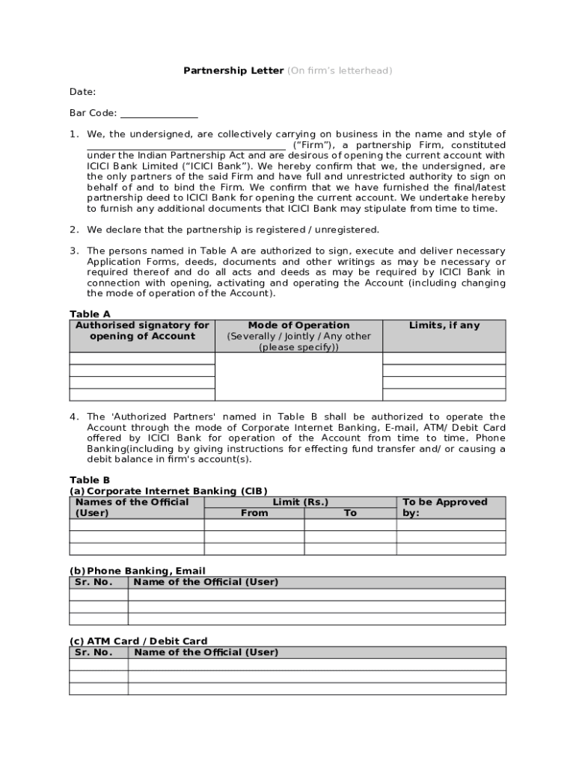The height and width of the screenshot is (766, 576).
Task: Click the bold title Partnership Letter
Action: pyautogui.click(x=233, y=71)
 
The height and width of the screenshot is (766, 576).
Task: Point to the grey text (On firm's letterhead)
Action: pyautogui.click(x=340, y=71)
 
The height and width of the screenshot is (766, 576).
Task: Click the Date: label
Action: pyautogui.click(x=82, y=92)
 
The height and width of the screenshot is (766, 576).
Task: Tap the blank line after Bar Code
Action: pyautogui.click(x=159, y=114)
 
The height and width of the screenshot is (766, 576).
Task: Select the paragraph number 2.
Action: pyautogui.click(x=74, y=230)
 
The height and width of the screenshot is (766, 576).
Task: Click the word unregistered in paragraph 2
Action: pyautogui.click(x=352, y=230)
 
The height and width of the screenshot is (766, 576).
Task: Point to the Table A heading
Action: pyautogui.click(x=90, y=314)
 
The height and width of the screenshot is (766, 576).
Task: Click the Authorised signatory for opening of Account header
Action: pyautogui.click(x=142, y=331)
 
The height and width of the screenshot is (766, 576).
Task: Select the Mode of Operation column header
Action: pyautogui.click(x=298, y=325)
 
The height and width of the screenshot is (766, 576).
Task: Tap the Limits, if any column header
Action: pyautogui.click(x=444, y=325)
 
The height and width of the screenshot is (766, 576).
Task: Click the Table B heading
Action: pyautogui.click(x=90, y=480)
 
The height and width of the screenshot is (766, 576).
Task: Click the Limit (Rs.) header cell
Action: pyautogui.click(x=300, y=502)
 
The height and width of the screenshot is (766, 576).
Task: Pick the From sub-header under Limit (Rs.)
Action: pyautogui.click(x=254, y=513)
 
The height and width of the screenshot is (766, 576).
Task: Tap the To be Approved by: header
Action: pyautogui.click(x=444, y=507)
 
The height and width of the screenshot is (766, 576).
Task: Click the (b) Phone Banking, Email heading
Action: pyautogui.click(x=137, y=571)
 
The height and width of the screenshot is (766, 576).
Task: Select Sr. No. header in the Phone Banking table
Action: pyautogui.click(x=94, y=582)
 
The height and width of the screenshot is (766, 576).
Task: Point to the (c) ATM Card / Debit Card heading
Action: pyautogui.click(x=138, y=641)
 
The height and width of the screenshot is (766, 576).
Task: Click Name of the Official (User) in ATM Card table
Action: pyautogui.click(x=206, y=652)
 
